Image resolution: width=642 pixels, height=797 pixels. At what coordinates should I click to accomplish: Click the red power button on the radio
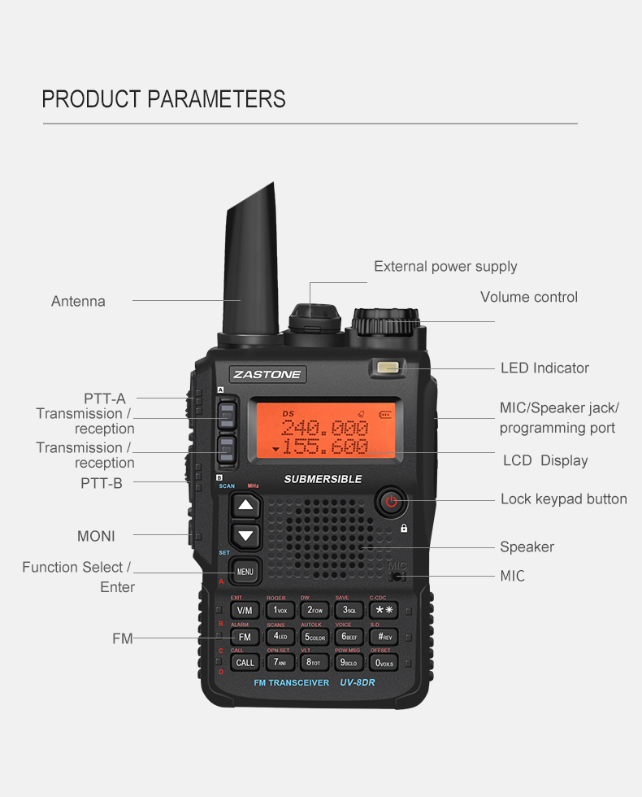(x=391, y=501)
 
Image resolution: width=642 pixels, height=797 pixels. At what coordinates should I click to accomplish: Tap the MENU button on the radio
(x=245, y=572)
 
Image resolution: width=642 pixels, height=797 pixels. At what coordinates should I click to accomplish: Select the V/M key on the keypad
(x=245, y=610)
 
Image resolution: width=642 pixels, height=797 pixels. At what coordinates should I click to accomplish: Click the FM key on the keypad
(x=245, y=637)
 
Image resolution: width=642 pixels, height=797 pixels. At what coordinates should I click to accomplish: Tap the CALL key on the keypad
(x=245, y=663)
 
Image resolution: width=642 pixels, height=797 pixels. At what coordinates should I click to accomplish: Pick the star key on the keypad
(x=384, y=610)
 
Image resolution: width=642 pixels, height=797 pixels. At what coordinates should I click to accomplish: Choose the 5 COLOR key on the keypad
(x=315, y=637)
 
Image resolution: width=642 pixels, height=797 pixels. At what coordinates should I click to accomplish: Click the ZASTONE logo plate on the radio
(x=267, y=374)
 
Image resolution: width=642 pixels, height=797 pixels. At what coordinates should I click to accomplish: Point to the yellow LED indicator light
(x=389, y=368)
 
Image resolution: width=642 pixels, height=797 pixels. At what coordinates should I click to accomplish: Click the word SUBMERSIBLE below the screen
(x=323, y=479)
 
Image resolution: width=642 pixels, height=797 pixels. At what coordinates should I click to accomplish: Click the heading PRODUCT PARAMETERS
(x=163, y=99)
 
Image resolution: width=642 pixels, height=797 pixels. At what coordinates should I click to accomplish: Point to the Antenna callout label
(x=78, y=301)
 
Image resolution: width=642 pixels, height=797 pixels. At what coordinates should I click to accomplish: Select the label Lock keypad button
(x=563, y=499)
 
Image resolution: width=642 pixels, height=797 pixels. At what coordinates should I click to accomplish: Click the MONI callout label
(x=96, y=536)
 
